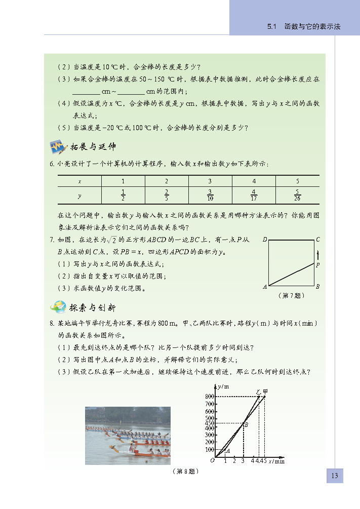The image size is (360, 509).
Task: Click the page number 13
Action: click(334, 476)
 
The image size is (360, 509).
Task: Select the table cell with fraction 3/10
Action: click(210, 194)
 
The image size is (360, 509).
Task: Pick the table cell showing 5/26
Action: click(297, 194)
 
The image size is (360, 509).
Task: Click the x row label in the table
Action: click(79, 181)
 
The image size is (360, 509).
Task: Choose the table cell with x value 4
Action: click(254, 181)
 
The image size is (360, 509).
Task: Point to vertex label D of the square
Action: click(265, 240)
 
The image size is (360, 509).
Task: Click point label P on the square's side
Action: click(318, 265)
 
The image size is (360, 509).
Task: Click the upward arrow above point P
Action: click(318, 254)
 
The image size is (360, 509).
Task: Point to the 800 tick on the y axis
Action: click(210, 396)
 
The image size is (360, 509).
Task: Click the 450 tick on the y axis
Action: click(210, 423)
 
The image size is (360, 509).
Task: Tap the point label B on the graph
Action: click(246, 424)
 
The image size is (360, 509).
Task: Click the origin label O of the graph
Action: click(212, 460)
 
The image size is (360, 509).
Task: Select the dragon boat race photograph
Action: click(128, 435)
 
